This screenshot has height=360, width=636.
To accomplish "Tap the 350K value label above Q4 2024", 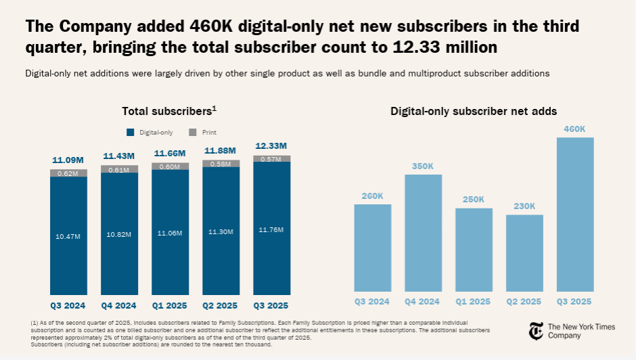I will [423, 166].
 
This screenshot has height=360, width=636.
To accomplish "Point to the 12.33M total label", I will [271, 146].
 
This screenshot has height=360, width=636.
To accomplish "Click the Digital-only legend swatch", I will [131, 132].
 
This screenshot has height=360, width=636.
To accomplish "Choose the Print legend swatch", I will [192, 132].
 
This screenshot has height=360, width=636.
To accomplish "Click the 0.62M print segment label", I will [68, 173].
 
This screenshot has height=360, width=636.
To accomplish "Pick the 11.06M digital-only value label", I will [170, 232].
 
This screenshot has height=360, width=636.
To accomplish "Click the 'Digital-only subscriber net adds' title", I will [474, 111].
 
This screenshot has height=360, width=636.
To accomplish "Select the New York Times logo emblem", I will [536, 331].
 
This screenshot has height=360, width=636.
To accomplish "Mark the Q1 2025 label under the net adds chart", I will [474, 302].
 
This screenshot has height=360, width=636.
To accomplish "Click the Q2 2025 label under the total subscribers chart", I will [221, 305].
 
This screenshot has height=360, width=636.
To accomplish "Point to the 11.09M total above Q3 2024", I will [68, 160].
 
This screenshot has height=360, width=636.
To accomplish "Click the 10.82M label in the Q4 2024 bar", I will [119, 234].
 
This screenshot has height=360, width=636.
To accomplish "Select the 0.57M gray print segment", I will [271, 159].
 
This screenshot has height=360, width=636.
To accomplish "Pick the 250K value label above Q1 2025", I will [474, 199].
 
